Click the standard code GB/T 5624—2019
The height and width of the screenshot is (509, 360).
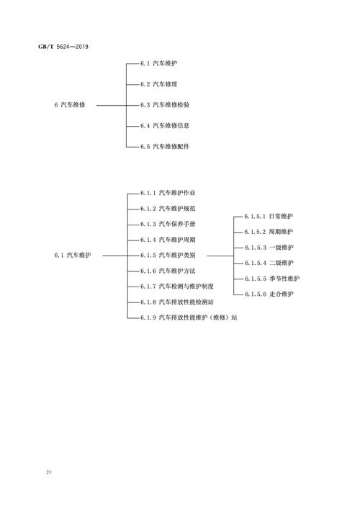[x=63, y=47]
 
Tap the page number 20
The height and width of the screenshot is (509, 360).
[x=49, y=472]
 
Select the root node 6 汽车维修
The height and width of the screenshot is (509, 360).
[x=70, y=105]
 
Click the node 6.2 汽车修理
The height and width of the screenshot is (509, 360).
[x=158, y=84]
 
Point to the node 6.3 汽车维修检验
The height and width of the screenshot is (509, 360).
[x=165, y=105]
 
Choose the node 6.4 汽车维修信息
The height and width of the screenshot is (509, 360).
[x=165, y=125]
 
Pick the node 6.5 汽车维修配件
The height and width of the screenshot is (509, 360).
[x=165, y=146]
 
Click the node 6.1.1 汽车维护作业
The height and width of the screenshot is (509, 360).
[x=168, y=193]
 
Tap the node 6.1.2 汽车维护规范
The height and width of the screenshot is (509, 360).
[x=168, y=208]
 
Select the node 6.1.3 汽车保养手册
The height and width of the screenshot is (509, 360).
[x=168, y=224]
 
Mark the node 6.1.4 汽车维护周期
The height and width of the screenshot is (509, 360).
[x=168, y=240]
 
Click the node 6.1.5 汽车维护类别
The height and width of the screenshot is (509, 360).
[x=168, y=255]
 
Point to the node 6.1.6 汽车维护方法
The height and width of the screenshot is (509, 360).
[x=168, y=271]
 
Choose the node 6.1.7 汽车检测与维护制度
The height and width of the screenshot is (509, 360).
[x=177, y=287]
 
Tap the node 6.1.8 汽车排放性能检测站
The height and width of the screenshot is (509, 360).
[x=177, y=302]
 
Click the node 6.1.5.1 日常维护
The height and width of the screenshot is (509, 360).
[x=269, y=216]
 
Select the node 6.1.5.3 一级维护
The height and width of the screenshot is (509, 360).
[x=269, y=248]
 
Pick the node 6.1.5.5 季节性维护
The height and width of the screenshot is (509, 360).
[x=272, y=279]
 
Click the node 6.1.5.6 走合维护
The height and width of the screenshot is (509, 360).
[x=269, y=294]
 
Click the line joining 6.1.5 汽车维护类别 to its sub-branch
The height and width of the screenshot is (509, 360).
[x=220, y=256]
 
